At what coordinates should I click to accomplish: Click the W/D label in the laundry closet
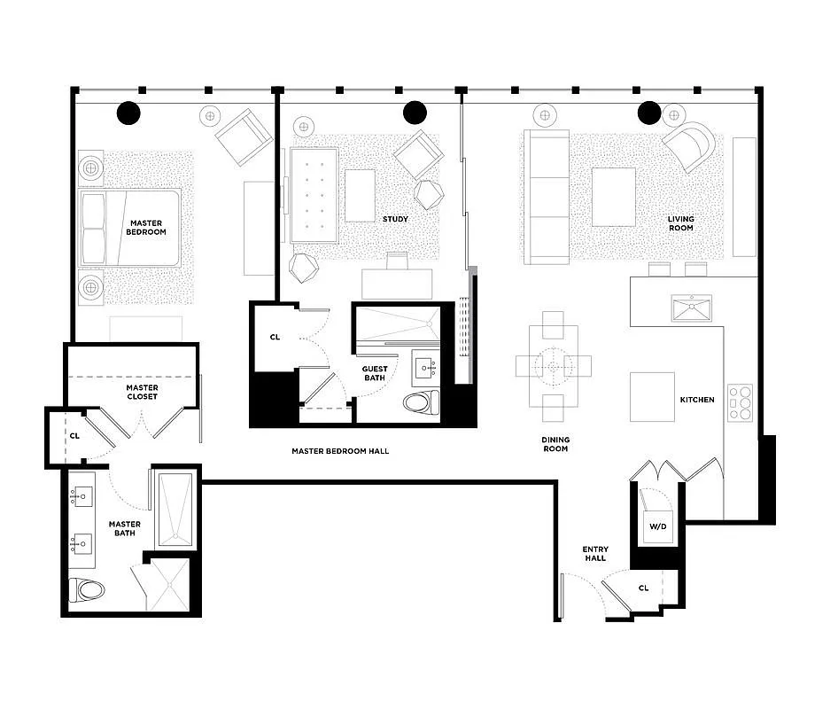click(657, 527)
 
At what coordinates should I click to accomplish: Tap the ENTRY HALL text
click(594, 554)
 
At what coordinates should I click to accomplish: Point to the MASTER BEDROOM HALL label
click(340, 451)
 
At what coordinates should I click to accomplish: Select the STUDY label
click(395, 219)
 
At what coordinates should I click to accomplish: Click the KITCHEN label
click(696, 400)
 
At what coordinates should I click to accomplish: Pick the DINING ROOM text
click(555, 444)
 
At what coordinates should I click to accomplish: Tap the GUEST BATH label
click(374, 374)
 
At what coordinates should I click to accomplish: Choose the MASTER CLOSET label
click(142, 392)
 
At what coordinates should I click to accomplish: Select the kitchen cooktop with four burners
click(740, 402)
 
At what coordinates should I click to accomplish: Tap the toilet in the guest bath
click(421, 403)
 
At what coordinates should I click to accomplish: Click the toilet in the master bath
click(87, 588)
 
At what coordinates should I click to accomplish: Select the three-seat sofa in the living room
click(547, 197)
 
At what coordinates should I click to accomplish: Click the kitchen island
click(652, 396)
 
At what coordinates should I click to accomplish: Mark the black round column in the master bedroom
click(128, 113)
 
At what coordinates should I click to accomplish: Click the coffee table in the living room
click(613, 197)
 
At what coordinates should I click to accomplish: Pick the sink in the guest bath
click(425, 365)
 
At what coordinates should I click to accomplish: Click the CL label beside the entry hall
click(643, 588)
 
